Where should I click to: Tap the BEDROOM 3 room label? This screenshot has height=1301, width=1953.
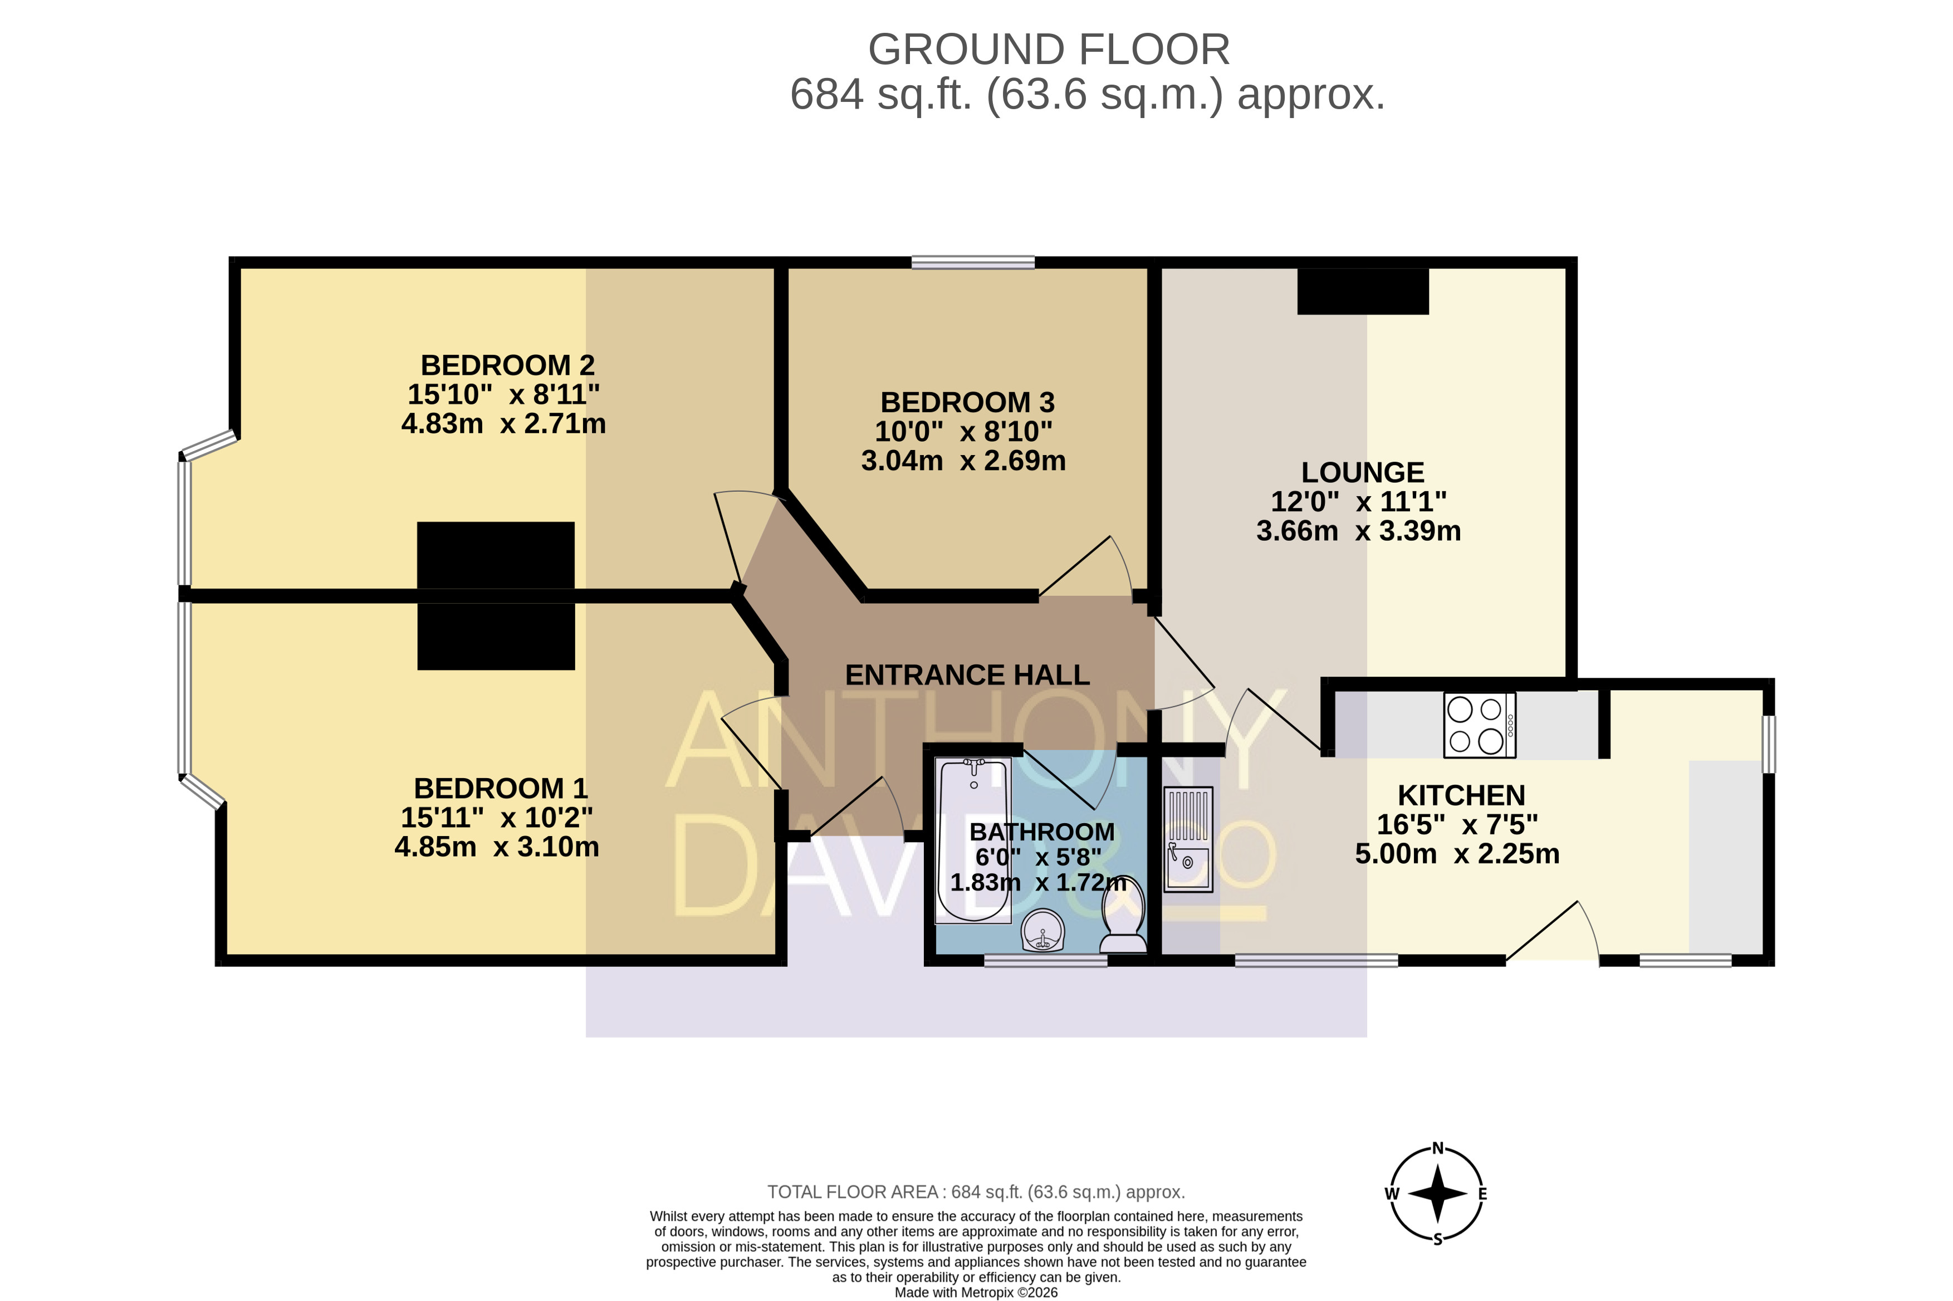click(x=967, y=403)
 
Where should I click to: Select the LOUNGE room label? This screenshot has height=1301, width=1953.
click(x=1362, y=472)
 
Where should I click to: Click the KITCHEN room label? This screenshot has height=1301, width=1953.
click(x=1461, y=795)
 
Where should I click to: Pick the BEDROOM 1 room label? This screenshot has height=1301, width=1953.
click(x=500, y=788)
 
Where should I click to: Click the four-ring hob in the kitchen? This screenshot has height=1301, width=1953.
click(x=1479, y=725)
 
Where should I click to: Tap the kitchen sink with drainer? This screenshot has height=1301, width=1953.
click(x=1188, y=839)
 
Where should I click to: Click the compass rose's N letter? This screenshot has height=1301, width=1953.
click(x=1438, y=1148)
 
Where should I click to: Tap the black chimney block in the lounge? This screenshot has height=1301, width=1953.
click(x=1362, y=291)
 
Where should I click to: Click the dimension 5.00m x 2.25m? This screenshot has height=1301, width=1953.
click(x=1457, y=854)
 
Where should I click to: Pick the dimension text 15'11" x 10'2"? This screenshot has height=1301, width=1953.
click(x=496, y=817)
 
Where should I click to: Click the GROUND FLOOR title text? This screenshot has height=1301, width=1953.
click(x=1049, y=50)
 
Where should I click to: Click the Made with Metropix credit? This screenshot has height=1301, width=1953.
click(x=976, y=1292)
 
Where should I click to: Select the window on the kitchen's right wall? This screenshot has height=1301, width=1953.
click(x=1768, y=744)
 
